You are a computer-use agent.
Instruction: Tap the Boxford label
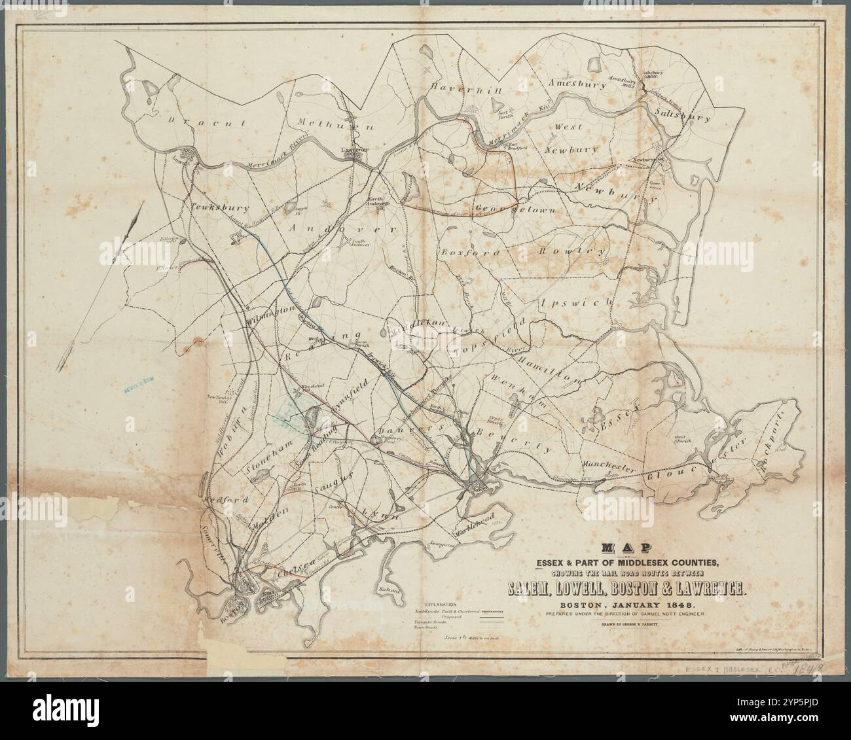pyautogui.click(x=472, y=252)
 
